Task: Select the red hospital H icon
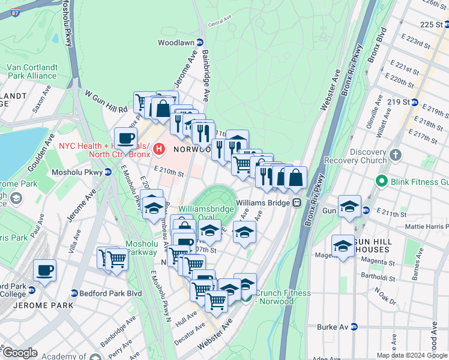(x=159, y=148)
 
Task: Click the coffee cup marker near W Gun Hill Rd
(x=126, y=139)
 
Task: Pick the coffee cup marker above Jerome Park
(x=44, y=270)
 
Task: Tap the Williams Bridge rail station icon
(x=297, y=203)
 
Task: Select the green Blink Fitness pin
(x=381, y=181)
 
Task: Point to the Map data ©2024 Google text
(x=411, y=355)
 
